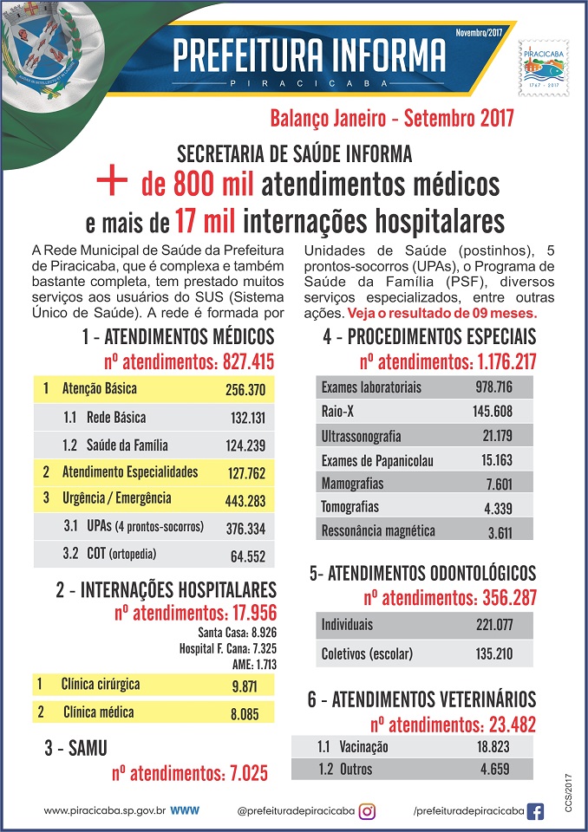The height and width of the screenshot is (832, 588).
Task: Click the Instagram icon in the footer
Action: [368, 811]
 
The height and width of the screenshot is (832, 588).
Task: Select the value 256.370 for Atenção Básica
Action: [245, 391]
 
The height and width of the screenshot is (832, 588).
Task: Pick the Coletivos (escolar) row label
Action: [367, 654]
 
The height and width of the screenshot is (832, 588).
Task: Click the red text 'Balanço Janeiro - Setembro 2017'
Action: [392, 117]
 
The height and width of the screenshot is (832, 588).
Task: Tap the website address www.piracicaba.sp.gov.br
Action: [104, 811]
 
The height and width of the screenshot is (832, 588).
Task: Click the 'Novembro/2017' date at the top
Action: [479, 32]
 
